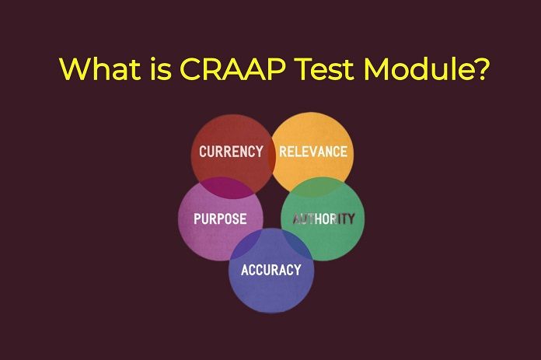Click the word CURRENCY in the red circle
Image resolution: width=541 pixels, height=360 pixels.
click(231, 152)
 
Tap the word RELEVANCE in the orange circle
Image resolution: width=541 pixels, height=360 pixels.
click(312, 152)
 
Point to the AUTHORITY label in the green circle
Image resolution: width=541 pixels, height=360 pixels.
click(323, 219)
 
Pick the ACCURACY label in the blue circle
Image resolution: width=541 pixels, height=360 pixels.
click(270, 270)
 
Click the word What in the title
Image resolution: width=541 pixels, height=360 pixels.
click(98, 69)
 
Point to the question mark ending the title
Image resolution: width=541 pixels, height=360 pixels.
click(480, 69)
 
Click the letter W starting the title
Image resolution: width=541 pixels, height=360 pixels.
click(73, 69)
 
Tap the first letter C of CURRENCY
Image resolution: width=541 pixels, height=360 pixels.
click(203, 152)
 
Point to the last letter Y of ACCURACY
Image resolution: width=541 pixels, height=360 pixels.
click(296, 270)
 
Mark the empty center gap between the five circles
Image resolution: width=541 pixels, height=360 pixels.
click(271, 206)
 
